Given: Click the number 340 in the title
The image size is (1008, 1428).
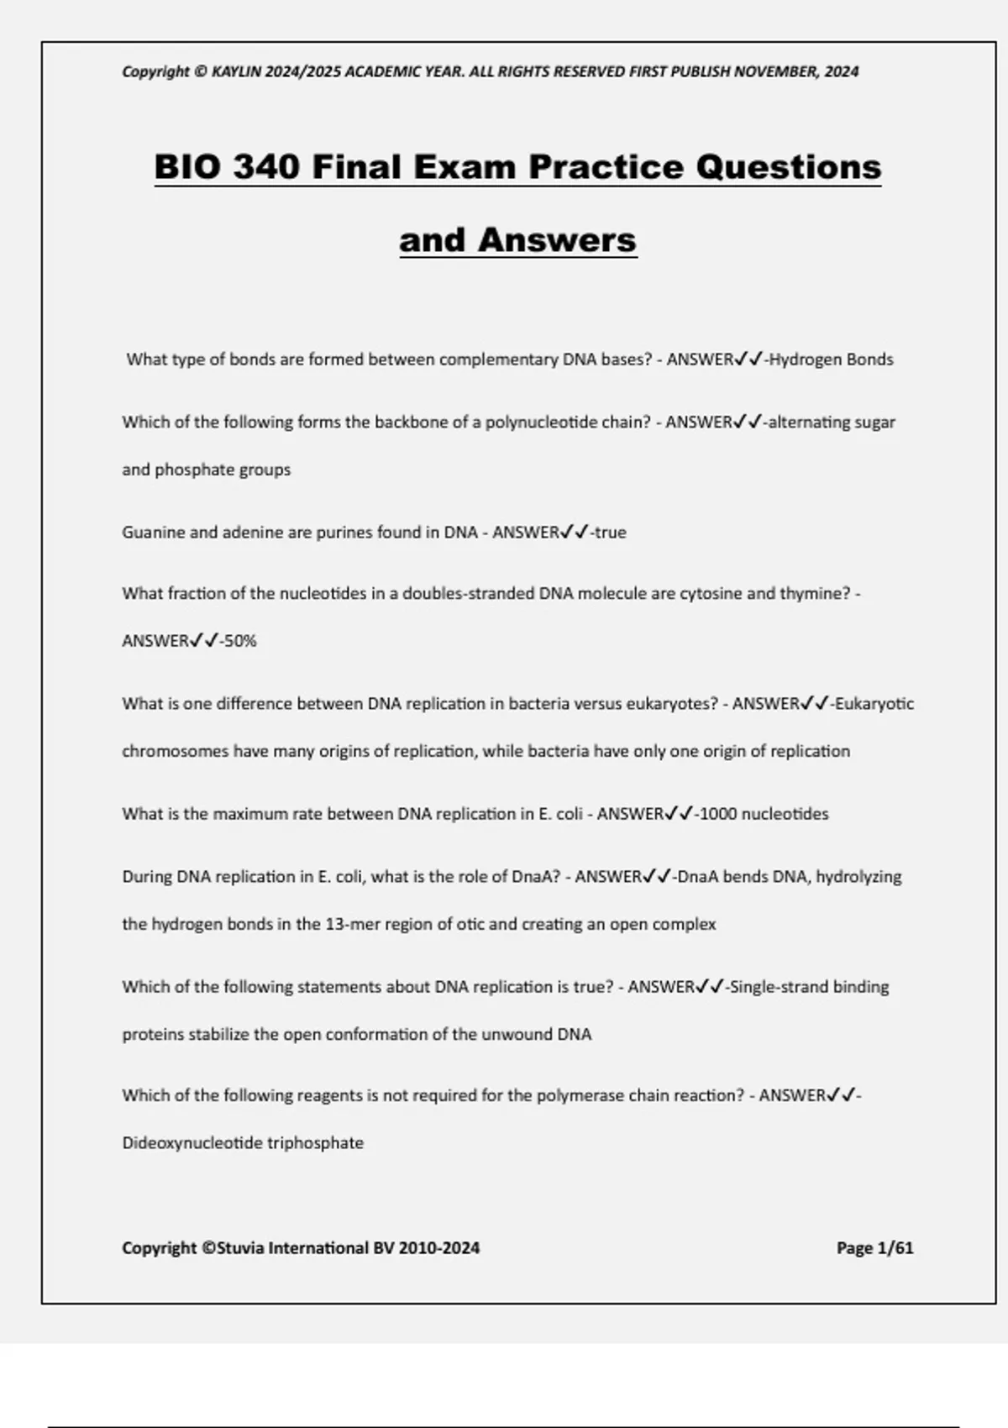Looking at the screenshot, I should [265, 166].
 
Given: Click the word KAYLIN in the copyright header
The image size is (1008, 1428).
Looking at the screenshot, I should [237, 71].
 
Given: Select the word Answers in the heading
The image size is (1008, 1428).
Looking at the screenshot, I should [557, 240].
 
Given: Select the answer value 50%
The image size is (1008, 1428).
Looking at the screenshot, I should [240, 641].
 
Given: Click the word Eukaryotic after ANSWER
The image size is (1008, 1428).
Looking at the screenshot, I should [874, 704].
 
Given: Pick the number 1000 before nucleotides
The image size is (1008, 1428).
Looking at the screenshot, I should [717, 814].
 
